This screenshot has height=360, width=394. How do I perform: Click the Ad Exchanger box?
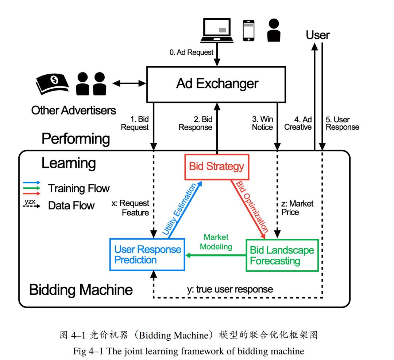[x=217, y=84]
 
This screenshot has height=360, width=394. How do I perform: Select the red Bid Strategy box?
[x=217, y=167]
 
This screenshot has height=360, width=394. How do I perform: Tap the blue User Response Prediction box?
[x=147, y=255]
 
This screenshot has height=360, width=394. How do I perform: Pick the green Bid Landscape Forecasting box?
[x=282, y=255]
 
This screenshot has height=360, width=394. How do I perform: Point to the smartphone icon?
[x=248, y=30]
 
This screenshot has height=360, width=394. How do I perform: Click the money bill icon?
[x=52, y=84]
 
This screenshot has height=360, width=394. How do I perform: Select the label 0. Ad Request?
[x=192, y=52]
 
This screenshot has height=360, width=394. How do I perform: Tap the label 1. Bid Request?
[x=135, y=123]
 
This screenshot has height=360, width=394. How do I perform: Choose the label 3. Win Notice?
[x=262, y=123]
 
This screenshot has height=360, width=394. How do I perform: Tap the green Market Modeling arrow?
[x=215, y=255]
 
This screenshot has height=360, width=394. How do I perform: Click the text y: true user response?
[x=229, y=289]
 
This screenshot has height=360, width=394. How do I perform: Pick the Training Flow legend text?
[x=79, y=188]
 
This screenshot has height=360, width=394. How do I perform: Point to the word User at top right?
[x=317, y=35]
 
